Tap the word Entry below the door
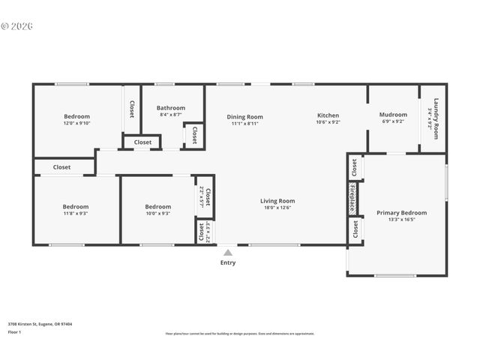(x=228, y=262)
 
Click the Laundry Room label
(x=434, y=115)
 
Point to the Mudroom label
(x=393, y=115)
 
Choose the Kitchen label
(x=328, y=115)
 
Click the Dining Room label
(x=245, y=116)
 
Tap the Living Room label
(x=277, y=200)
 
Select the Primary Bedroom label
(x=396, y=213)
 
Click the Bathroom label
(x=171, y=108)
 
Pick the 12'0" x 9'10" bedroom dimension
(x=76, y=123)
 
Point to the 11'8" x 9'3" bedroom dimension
(x=75, y=214)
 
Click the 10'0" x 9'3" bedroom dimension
(x=157, y=214)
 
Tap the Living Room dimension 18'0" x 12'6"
(x=277, y=208)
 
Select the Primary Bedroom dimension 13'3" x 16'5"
(x=396, y=220)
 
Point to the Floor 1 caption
(x=14, y=331)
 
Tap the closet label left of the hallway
(x=61, y=167)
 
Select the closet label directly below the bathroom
(x=142, y=142)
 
